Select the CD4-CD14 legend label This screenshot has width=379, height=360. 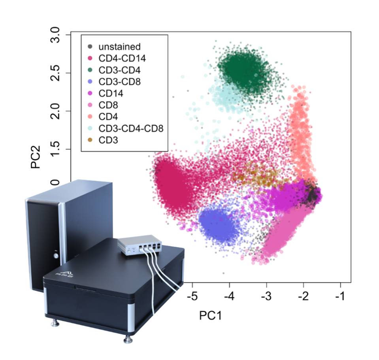[x=122, y=58]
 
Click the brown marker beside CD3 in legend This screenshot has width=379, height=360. [x=90, y=140]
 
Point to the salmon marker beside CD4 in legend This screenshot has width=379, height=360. [x=90, y=117]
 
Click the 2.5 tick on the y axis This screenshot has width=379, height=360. [x=58, y=73]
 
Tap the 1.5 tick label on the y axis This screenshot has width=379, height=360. [x=58, y=149]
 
